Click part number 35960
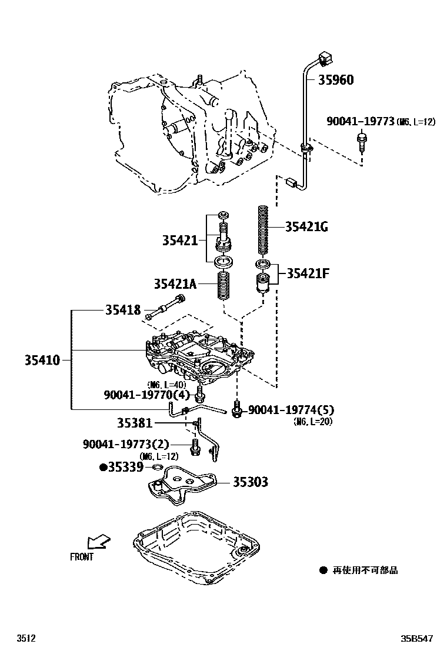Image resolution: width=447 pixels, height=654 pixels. pyautogui.click(x=336, y=80)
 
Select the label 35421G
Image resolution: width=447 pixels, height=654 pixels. pyautogui.click(x=306, y=226)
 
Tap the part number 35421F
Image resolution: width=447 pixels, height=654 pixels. pyautogui.click(x=308, y=273)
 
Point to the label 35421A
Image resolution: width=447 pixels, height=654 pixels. pyautogui.click(x=175, y=284)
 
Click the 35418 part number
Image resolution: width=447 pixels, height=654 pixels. pyautogui.click(x=123, y=309)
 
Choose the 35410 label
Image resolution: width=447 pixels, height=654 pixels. pyautogui.click(x=42, y=359)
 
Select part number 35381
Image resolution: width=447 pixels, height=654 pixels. pyautogui.click(x=134, y=422)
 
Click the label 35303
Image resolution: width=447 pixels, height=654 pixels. pyautogui.click(x=250, y=482)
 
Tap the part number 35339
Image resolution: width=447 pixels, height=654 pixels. pyautogui.click(x=126, y=468)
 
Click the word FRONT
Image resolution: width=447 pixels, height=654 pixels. pyautogui.click(x=82, y=556)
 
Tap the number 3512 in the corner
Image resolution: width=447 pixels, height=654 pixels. pyautogui.click(x=26, y=638)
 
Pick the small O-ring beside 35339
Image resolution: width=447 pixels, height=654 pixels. pyautogui.click(x=157, y=467)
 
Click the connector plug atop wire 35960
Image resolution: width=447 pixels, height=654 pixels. pyautogui.click(x=322, y=58)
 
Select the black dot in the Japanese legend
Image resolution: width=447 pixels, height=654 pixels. pyautogui.click(x=323, y=570)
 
